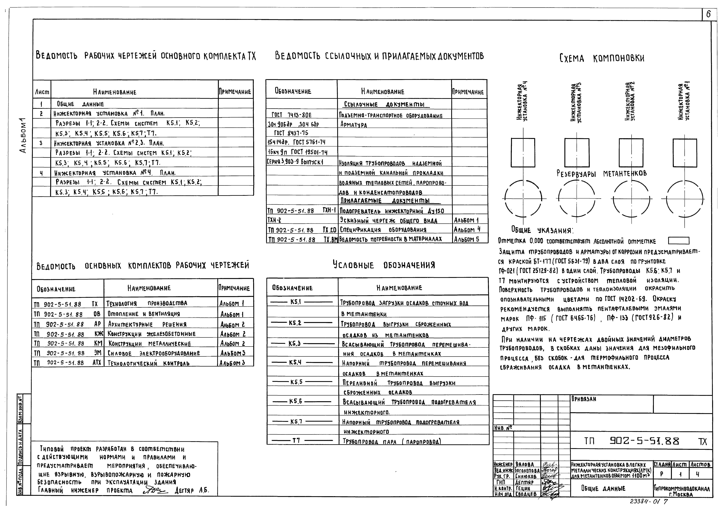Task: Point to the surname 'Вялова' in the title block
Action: (x=525, y=464)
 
